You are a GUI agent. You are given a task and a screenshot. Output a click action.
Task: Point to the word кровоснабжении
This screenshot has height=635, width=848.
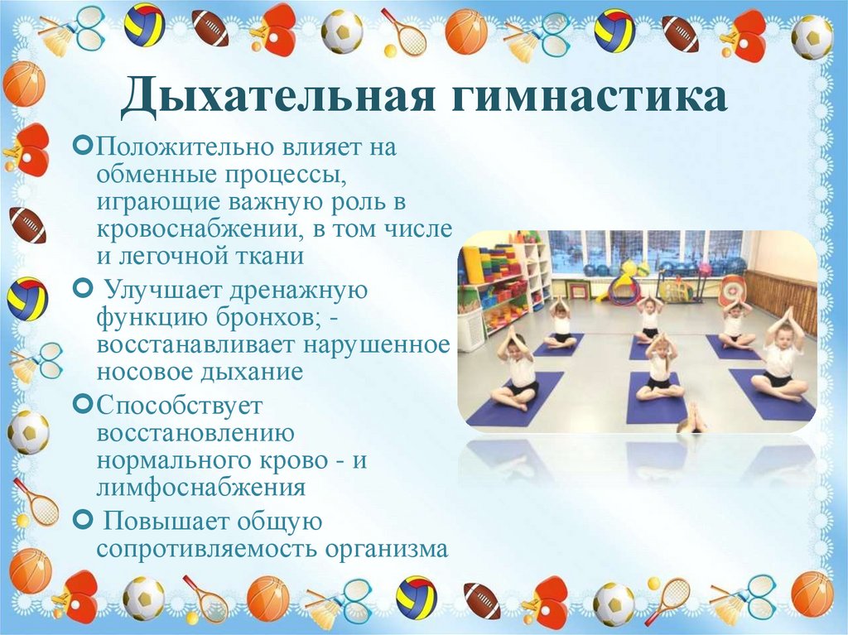pos(200,229)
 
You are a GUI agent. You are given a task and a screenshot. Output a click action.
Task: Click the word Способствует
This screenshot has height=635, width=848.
pos(179,406)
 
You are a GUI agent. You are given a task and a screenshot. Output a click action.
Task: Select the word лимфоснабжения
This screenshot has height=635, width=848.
pos(201,486)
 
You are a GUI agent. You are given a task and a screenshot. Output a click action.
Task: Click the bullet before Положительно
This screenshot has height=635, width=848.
pos(82,147)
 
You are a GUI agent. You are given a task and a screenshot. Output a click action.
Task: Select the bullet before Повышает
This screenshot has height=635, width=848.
pos(82,520)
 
